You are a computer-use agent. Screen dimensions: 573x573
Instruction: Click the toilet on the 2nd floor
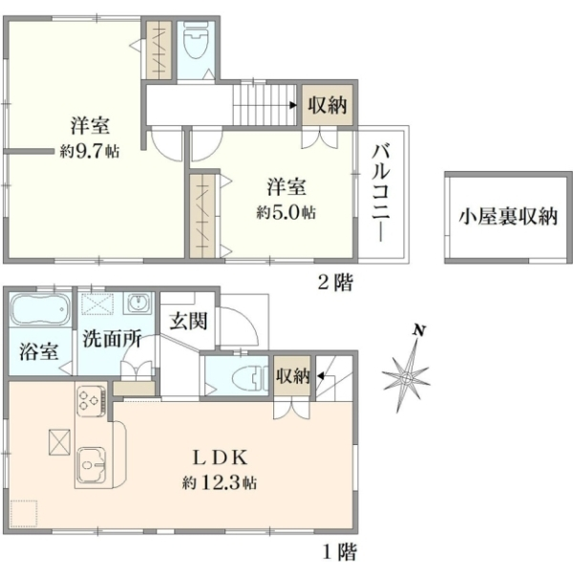click(x=196, y=40)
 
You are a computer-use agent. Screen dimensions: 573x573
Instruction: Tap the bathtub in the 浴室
click(x=39, y=309)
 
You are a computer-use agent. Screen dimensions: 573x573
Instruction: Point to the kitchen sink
click(x=92, y=465)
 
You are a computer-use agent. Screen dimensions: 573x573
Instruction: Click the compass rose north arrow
click(x=407, y=375)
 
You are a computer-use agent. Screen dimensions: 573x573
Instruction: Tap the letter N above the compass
click(x=419, y=330)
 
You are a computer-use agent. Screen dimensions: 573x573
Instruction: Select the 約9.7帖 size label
click(x=90, y=151)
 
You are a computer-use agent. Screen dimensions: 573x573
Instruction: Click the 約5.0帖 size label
click(x=286, y=212)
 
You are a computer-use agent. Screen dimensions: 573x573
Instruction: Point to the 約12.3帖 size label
click(x=220, y=483)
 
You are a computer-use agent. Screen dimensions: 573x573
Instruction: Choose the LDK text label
click(x=221, y=457)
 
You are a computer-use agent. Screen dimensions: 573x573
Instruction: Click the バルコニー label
click(x=380, y=194)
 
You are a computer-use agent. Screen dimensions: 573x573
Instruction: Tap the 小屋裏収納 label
click(x=508, y=217)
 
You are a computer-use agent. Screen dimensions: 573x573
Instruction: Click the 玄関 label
click(x=188, y=321)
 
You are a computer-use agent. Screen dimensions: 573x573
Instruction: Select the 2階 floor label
click(x=335, y=283)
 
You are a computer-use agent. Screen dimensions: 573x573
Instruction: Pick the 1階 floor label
click(x=339, y=552)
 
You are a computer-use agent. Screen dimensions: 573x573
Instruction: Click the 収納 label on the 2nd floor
click(x=327, y=105)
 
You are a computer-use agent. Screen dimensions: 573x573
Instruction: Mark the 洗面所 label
click(x=112, y=339)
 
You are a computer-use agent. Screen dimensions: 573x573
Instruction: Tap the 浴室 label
click(x=39, y=351)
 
